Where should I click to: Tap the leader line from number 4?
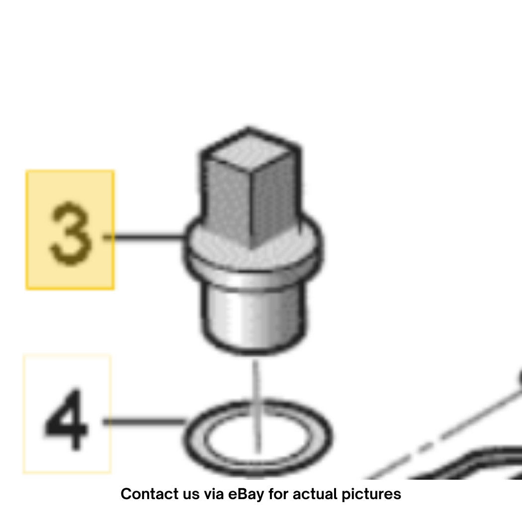[144, 422]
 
